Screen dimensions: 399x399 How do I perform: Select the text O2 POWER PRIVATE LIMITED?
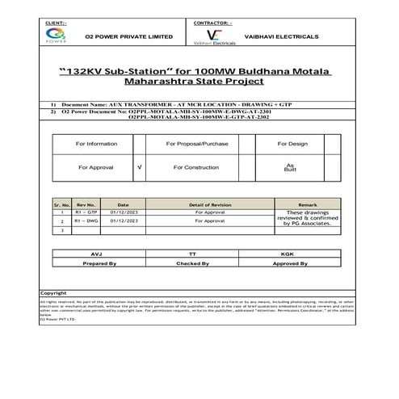tap(128, 36)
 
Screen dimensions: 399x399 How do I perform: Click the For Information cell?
tap(96, 143)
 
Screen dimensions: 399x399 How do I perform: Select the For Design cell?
tap(292, 143)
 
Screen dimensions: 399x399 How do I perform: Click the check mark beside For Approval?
tap(141, 166)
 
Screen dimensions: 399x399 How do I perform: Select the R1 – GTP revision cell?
tap(86, 212)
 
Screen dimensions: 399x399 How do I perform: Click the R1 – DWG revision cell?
tap(86, 220)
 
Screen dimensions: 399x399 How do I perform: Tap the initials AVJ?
tap(98, 254)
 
